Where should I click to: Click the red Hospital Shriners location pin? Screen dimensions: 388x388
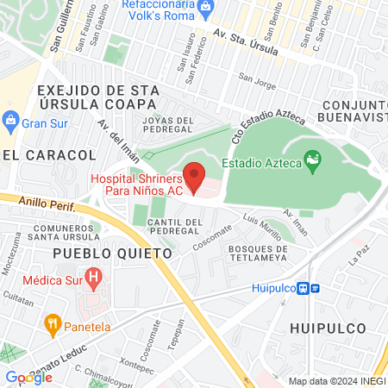[196, 176]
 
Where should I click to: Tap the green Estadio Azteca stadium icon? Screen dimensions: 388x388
[312, 160]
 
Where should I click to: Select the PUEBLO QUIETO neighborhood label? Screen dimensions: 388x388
[113, 253]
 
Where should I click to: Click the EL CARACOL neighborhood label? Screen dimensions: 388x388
[49, 154]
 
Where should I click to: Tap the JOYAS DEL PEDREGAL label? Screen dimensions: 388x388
[168, 125]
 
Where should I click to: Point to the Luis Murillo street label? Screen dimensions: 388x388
[262, 227]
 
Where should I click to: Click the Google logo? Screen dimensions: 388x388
[28, 377]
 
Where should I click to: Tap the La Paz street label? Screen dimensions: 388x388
[357, 254]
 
